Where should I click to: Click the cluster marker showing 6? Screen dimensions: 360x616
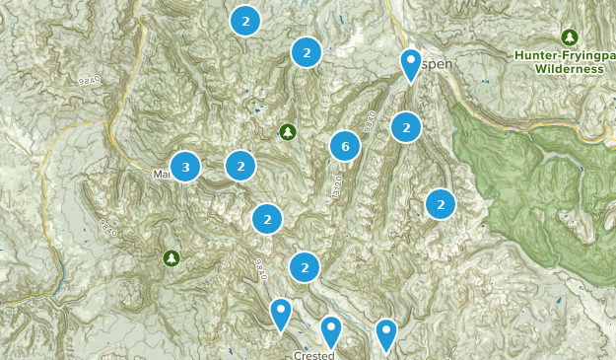(x=344, y=147)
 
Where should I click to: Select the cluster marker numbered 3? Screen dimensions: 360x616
(x=185, y=167)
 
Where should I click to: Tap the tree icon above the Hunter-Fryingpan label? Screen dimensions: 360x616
(x=569, y=36)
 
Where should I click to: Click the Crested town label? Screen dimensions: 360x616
(x=314, y=355)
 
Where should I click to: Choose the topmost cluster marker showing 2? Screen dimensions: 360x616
(x=245, y=20)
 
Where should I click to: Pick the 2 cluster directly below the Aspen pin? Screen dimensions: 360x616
(x=405, y=127)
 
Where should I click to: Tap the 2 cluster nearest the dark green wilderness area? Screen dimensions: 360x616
(x=441, y=204)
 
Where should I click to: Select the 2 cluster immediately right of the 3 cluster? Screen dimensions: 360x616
(x=240, y=166)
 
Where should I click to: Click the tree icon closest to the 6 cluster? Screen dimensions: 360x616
(x=288, y=131)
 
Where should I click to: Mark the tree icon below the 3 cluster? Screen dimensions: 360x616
(x=171, y=257)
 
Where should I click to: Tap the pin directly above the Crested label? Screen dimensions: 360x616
(x=330, y=327)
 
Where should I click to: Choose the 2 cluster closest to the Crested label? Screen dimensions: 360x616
(x=306, y=266)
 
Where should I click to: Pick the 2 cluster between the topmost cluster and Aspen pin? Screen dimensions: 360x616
(x=307, y=52)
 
